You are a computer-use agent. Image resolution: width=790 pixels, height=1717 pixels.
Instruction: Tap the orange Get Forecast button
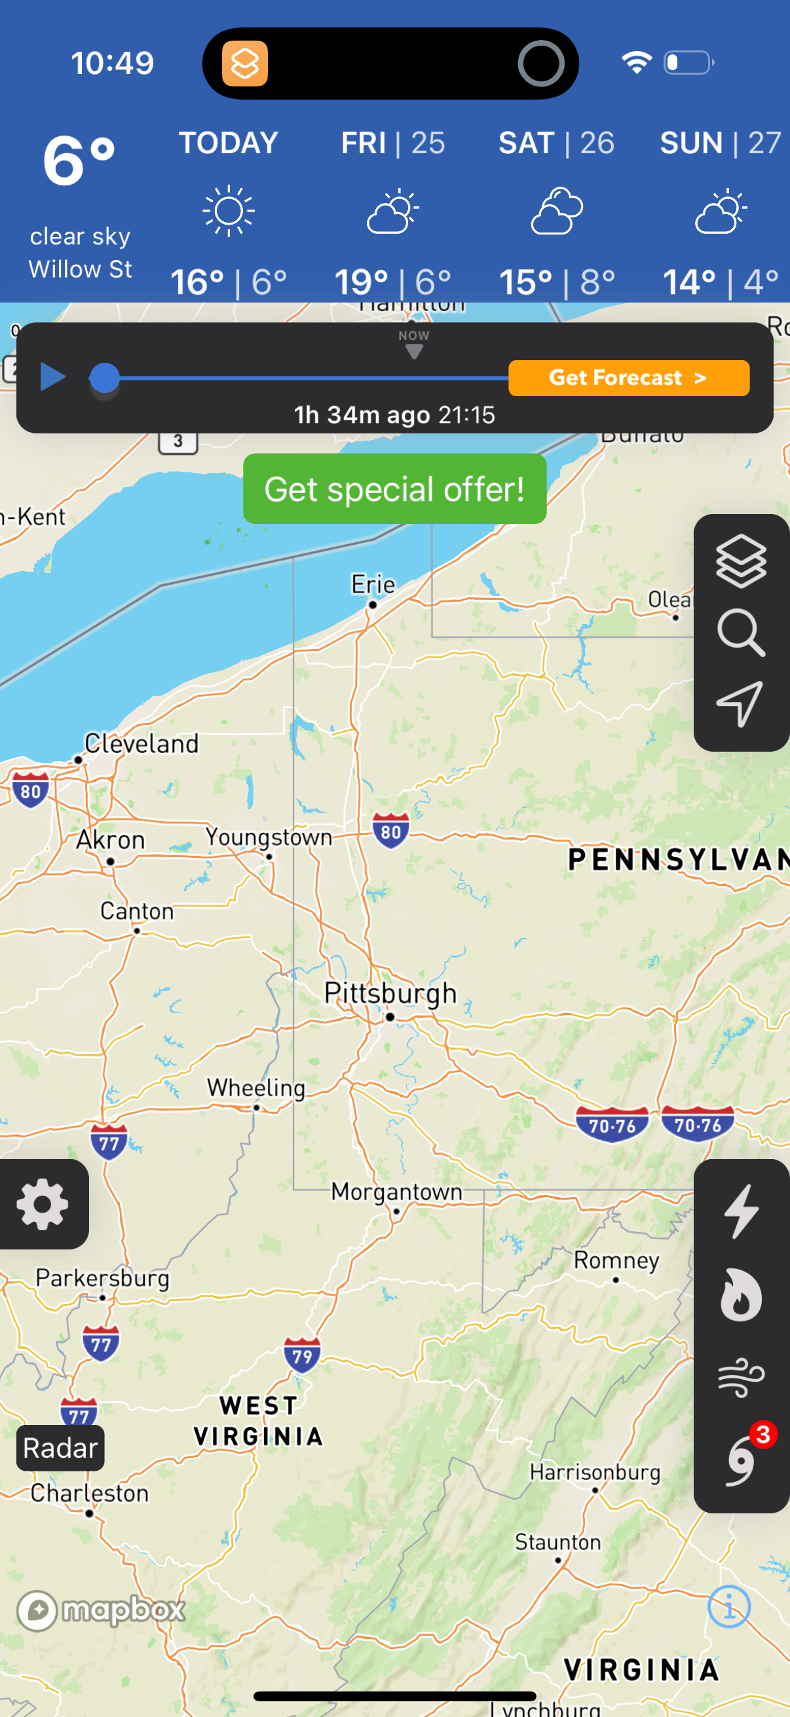(628, 378)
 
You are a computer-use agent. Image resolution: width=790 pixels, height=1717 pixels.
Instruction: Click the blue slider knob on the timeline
(104, 378)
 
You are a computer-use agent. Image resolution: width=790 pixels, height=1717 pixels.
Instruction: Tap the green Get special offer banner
(394, 489)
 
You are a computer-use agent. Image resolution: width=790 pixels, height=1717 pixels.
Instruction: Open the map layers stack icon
(741, 561)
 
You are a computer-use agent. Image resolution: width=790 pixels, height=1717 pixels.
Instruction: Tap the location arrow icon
(740, 703)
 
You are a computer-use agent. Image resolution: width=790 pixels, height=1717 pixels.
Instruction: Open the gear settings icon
(43, 1204)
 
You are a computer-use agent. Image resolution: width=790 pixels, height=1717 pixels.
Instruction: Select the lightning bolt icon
(742, 1211)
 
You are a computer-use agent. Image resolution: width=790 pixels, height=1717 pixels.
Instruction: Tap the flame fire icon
(741, 1295)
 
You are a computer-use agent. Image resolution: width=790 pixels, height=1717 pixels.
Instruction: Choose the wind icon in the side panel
(741, 1377)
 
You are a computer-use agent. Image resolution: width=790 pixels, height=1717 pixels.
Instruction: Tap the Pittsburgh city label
(390, 993)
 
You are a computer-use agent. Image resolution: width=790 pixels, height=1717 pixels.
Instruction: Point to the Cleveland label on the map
(141, 744)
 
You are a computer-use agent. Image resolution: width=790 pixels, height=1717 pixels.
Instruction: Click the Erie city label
(373, 585)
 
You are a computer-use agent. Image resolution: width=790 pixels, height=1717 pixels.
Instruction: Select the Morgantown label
(397, 1191)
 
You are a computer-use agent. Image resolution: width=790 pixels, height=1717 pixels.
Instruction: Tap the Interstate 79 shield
(302, 1355)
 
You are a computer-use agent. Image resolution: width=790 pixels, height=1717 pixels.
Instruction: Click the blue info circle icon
(728, 1607)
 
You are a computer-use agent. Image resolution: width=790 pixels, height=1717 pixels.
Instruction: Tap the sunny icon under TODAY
(229, 211)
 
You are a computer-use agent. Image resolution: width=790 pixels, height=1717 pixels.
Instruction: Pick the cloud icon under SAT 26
(557, 211)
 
